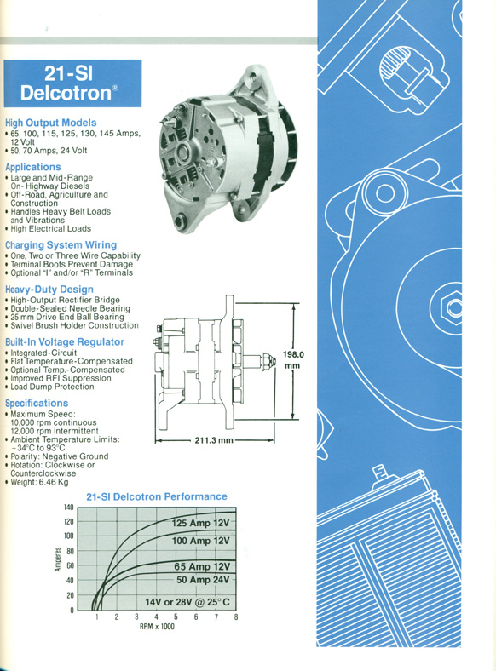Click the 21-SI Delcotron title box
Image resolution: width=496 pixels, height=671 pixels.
coord(72,83)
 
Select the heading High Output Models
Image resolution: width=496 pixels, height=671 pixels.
coord(51,123)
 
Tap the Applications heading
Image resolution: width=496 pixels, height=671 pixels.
coord(33,167)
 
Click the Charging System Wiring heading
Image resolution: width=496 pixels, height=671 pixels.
coord(61,245)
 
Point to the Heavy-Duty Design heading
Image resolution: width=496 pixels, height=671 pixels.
coord(49,290)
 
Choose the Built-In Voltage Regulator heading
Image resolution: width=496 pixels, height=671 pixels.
coord(65,342)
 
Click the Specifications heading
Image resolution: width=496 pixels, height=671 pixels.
coord(37,403)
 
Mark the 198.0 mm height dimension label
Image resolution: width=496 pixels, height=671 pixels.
coord(293,360)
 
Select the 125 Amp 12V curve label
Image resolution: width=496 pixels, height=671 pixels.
coord(200,523)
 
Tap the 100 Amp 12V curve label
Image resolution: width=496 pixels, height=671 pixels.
coord(200,541)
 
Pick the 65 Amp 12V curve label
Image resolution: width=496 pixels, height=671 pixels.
coord(202,566)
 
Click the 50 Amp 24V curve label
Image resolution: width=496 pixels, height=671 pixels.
coord(203,580)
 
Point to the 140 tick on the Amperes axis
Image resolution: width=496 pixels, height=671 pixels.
coord(69,508)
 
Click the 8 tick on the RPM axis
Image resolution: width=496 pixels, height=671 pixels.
coord(235,617)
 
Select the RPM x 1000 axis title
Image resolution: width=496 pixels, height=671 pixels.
coord(157,627)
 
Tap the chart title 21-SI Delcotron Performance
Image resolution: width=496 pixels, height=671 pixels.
coord(157,496)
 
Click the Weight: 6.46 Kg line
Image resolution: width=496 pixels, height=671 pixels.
coord(39,482)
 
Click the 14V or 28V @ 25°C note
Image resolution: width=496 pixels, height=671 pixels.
coord(187,602)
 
